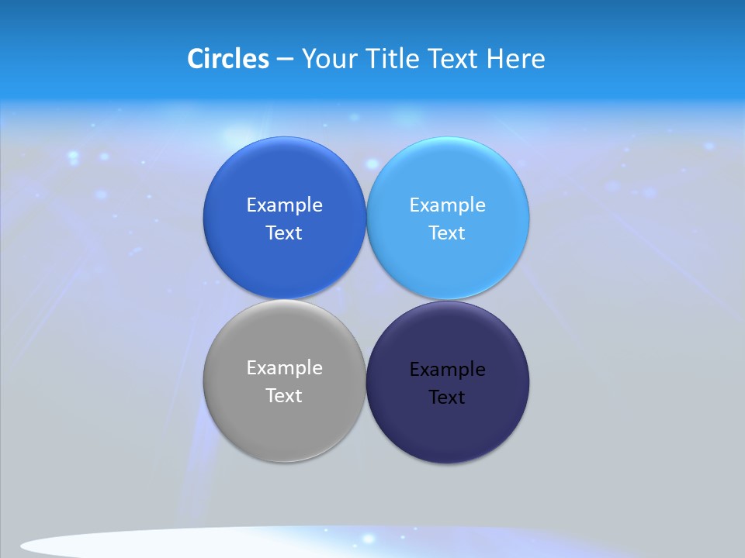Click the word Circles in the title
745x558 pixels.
(227, 59)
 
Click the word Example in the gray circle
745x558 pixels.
(284, 368)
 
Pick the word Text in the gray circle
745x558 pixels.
(284, 395)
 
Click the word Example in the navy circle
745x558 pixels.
(448, 370)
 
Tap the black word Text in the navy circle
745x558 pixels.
(447, 398)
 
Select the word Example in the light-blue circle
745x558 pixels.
(448, 205)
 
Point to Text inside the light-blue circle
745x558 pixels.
(447, 233)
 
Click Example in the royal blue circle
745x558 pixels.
(284, 205)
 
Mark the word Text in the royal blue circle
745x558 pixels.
(284, 233)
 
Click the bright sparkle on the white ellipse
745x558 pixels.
(369, 538)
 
